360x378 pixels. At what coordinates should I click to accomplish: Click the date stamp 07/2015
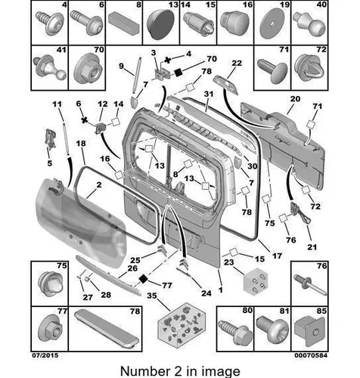pos(45,355)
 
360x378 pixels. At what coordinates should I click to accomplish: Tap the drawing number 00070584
pos(311,355)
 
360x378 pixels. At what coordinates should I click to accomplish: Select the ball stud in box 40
pos(309,25)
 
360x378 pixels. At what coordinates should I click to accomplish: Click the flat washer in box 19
pos(272,23)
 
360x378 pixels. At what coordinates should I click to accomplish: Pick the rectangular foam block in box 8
pos(124,23)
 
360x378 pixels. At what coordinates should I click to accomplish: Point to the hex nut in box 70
pos(86,68)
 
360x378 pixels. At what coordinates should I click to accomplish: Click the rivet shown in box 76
pos(310,285)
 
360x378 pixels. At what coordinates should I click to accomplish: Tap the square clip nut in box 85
pos(310,331)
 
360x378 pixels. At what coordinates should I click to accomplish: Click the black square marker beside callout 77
pos(143,279)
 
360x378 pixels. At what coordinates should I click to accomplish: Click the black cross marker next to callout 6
pos(85,120)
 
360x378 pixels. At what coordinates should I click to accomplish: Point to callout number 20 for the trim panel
pos(295,99)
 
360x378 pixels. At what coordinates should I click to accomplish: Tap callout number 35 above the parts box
pos(152,296)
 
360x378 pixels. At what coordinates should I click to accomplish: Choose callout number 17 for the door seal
pos(277,256)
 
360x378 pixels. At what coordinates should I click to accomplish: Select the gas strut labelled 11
pos(66,139)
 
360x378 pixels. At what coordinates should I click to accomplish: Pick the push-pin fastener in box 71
pos(272,71)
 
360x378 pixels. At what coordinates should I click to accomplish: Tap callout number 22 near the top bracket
pos(237,63)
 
